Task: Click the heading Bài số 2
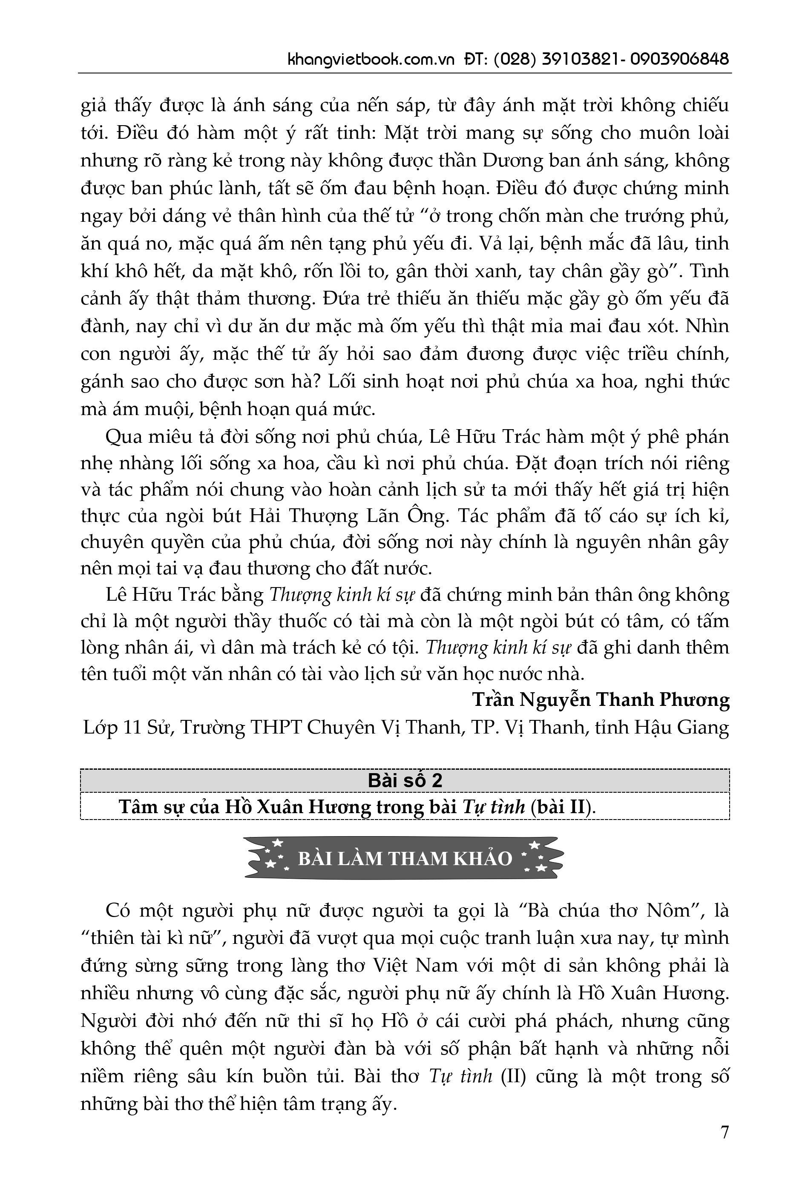tap(405, 780)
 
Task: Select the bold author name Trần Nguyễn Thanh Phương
tap(601, 700)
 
